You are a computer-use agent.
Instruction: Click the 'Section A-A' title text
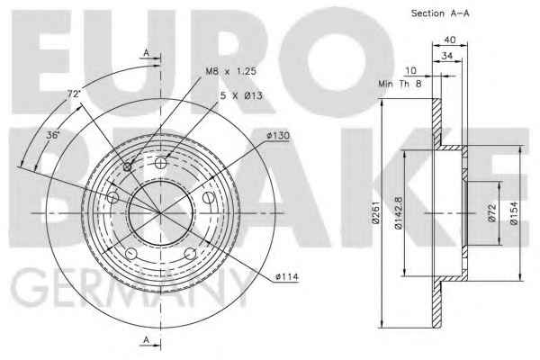tap(440, 13)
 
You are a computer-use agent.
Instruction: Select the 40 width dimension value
tap(449, 40)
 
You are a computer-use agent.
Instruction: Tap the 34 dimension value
tap(446, 56)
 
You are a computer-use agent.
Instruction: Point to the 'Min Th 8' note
tap(400, 84)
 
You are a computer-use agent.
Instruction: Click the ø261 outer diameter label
tap(375, 212)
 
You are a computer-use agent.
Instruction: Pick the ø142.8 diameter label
tap(399, 213)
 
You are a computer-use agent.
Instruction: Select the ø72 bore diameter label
tap(492, 213)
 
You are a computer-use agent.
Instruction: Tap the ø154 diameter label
tap(514, 213)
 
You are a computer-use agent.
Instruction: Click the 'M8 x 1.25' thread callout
tap(231, 71)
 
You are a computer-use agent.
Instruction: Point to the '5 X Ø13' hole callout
tap(241, 95)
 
